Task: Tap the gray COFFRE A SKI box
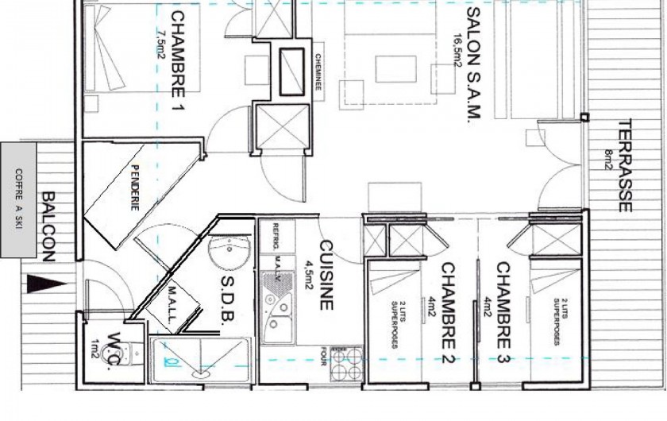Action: [18, 200]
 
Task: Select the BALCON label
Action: [48, 226]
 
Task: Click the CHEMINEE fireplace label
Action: [318, 75]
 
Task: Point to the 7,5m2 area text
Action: [161, 40]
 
